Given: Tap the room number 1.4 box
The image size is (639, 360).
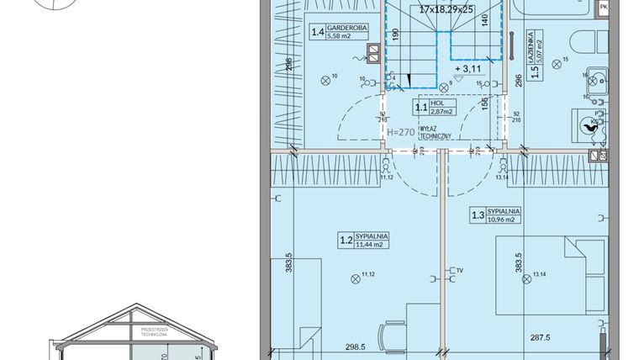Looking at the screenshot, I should click(x=318, y=33).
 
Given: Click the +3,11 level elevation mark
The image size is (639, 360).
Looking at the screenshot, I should click(x=468, y=68).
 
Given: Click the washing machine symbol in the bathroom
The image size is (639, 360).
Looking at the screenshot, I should click(x=586, y=124).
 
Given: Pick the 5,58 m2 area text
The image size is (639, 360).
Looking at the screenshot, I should click(x=341, y=36).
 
